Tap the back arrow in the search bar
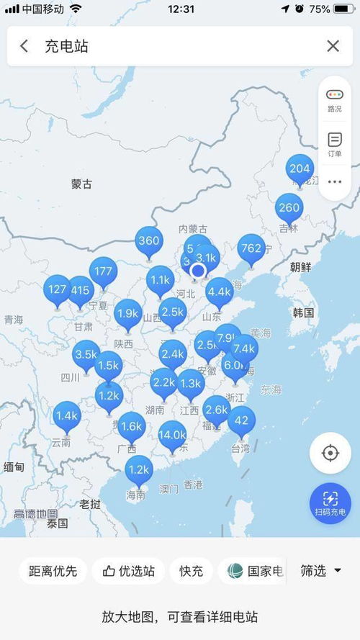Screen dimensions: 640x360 24,46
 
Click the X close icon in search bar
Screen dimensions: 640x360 333,46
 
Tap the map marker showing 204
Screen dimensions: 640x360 300,169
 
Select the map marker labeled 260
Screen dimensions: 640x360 289,208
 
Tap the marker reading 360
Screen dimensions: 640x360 149,240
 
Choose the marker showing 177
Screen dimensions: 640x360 103,271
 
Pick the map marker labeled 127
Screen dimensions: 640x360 58,289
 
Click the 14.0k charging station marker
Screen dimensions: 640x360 173,435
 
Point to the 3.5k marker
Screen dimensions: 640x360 86,354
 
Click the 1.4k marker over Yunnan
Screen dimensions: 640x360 66,415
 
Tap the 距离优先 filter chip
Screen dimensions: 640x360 53,571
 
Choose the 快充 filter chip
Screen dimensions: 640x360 191,571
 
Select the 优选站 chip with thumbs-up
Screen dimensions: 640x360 129,571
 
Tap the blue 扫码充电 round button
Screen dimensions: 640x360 330,503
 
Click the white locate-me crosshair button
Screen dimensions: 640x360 330,453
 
